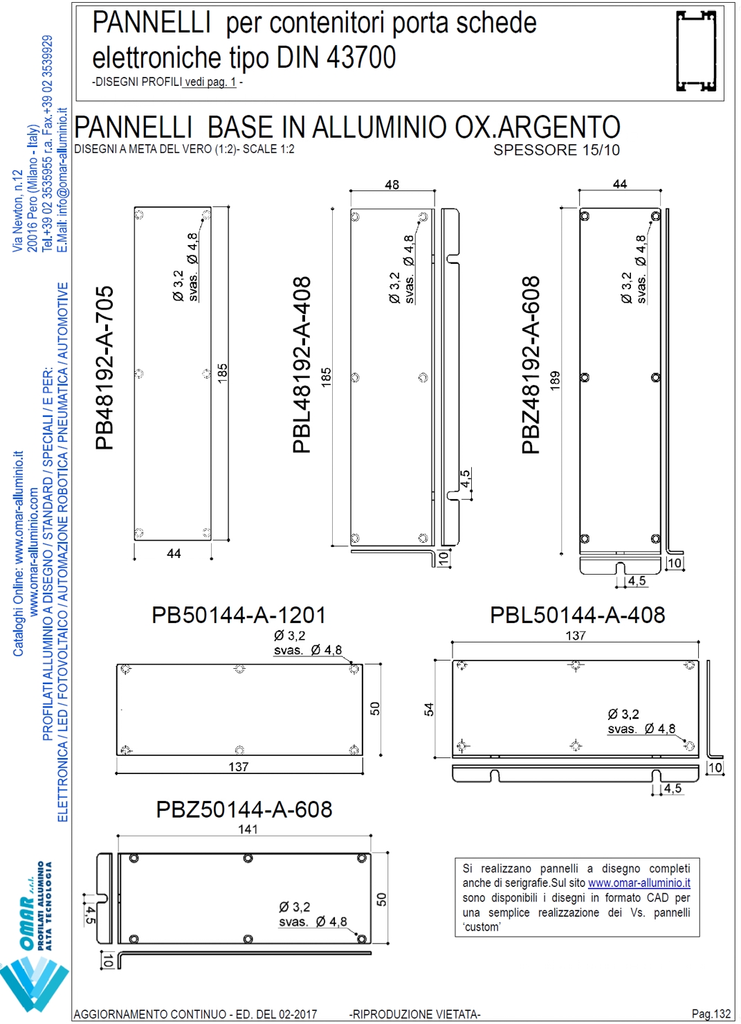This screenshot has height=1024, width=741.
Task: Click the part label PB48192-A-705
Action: (x=104, y=368)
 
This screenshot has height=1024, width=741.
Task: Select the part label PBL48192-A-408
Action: (x=302, y=365)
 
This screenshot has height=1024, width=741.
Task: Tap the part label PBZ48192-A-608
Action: (x=531, y=365)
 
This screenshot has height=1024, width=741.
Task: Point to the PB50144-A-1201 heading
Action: (x=239, y=616)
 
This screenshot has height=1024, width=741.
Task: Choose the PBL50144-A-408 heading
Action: (x=578, y=616)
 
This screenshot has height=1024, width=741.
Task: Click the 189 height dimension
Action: (x=555, y=380)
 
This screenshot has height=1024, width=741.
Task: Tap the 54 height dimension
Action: (x=429, y=710)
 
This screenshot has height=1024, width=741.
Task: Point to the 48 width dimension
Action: (x=392, y=185)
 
